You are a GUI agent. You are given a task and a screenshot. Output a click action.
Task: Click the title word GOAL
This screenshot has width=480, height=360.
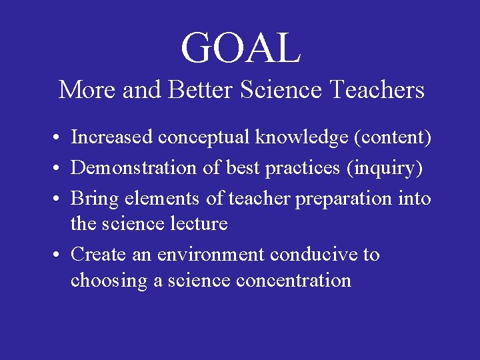[x=241, y=48]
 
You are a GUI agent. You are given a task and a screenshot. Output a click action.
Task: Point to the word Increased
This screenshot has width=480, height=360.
[x=112, y=137]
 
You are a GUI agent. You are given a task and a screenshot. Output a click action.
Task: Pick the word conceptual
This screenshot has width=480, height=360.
[x=204, y=137]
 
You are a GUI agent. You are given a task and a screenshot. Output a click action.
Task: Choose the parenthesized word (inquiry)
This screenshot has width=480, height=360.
[x=384, y=168]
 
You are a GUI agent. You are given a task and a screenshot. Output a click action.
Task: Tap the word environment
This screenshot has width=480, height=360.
[x=209, y=255]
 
